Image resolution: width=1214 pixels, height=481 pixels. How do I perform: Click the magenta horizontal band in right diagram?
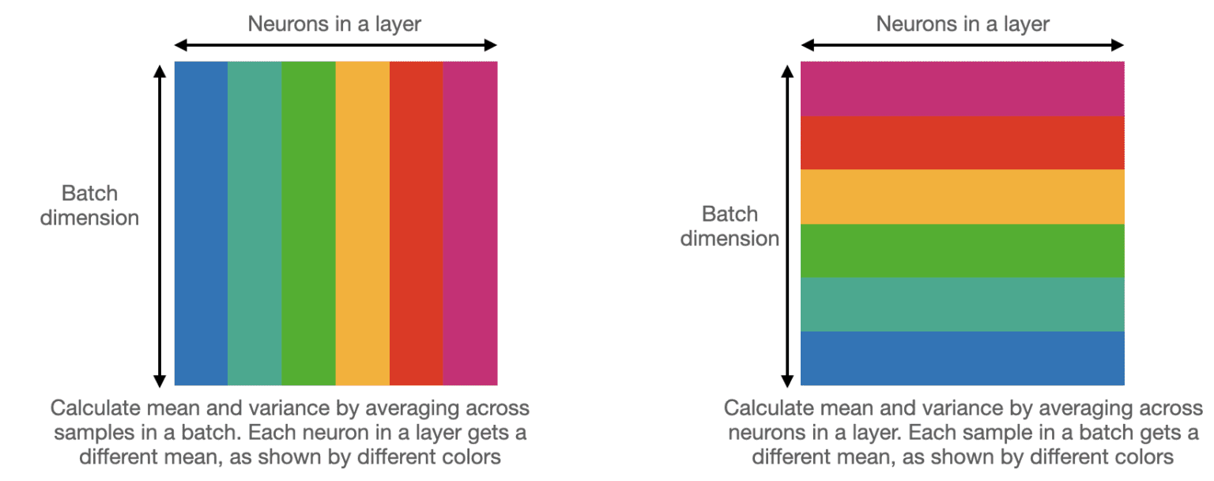pyautogui.click(x=962, y=89)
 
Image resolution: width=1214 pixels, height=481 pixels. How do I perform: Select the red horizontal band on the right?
pyautogui.click(x=962, y=142)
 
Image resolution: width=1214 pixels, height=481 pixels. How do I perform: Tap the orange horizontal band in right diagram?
pyautogui.click(x=962, y=196)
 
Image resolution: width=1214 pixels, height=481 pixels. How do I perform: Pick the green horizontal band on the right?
pyautogui.click(x=962, y=250)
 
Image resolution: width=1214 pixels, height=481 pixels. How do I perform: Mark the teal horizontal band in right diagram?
pyautogui.click(x=962, y=304)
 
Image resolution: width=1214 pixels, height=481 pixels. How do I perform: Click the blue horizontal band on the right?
pyautogui.click(x=962, y=358)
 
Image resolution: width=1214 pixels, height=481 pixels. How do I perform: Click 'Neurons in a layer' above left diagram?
pyautogui.click(x=334, y=24)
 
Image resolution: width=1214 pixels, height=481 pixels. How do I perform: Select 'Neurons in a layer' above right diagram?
pyautogui.click(x=962, y=24)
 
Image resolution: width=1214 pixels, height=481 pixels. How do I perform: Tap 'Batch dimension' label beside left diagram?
pyautogui.click(x=89, y=206)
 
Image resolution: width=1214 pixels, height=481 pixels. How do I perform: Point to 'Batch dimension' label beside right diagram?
pyautogui.click(x=730, y=226)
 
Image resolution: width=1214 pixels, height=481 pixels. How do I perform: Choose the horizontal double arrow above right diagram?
pyautogui.click(x=962, y=45)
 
